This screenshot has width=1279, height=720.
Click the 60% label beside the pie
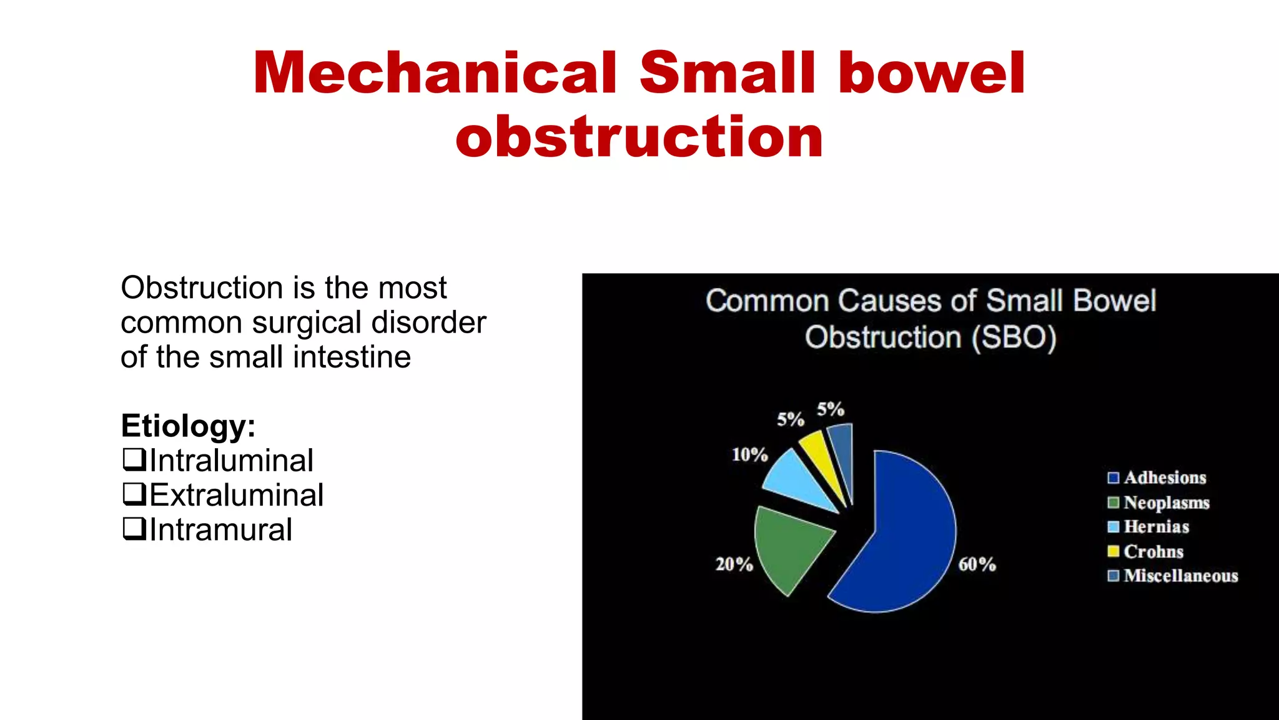(x=977, y=564)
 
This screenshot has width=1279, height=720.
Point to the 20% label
(x=734, y=564)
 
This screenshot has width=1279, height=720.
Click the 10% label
(x=749, y=454)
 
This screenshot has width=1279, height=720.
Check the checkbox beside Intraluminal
(x=133, y=459)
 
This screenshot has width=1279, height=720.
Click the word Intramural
(x=220, y=530)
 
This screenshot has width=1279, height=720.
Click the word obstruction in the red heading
(x=639, y=137)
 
